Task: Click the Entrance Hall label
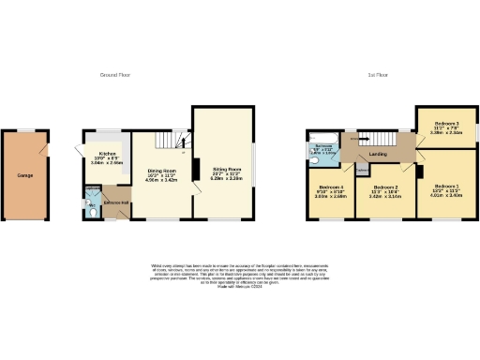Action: pyautogui.click(x=116, y=202)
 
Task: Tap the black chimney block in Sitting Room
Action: pyautogui.click(x=196, y=169)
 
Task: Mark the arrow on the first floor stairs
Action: pyautogui.click(x=352, y=139)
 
